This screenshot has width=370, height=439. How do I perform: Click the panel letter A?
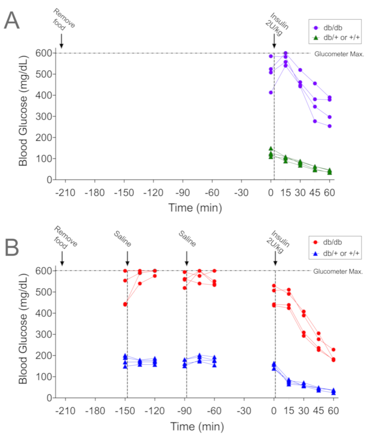[x=12, y=21]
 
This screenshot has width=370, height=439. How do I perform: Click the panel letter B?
[x=12, y=248]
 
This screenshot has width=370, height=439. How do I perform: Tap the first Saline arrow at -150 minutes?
[x=127, y=258]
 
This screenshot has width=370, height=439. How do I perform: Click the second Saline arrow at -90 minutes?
[x=187, y=258]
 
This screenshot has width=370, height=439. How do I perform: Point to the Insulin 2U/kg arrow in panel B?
[x=275, y=258]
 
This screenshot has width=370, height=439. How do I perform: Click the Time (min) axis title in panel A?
[x=195, y=208]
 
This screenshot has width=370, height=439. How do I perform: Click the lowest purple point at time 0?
[x=271, y=93]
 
